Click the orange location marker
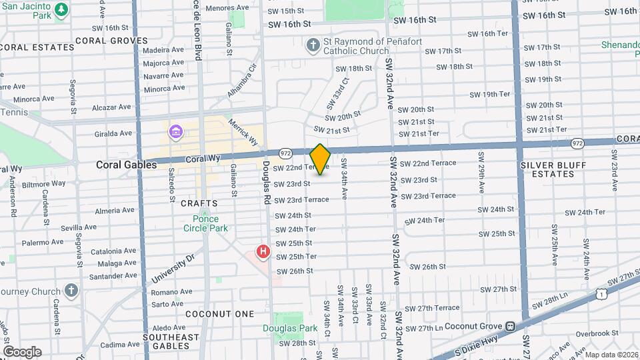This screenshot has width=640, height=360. (x=320, y=159)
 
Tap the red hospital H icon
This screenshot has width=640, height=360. (x=263, y=252)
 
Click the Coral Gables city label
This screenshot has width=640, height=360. (x=117, y=165)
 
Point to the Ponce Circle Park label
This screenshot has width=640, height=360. (x=206, y=223)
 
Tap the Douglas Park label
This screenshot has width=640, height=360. (x=290, y=328)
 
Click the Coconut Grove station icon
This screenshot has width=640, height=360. (x=511, y=326)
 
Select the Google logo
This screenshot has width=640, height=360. (x=21, y=351)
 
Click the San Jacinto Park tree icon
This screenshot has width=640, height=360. (x=61, y=9)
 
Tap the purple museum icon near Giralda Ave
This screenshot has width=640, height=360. (x=175, y=131)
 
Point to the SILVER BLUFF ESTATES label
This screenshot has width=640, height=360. (x=547, y=169)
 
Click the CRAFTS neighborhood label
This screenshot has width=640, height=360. (x=199, y=203)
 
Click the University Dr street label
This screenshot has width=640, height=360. (x=172, y=268)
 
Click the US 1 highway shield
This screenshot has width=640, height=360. (x=602, y=293)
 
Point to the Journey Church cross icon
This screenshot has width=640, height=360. (x=71, y=291)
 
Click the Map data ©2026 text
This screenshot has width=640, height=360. (x=611, y=355)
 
